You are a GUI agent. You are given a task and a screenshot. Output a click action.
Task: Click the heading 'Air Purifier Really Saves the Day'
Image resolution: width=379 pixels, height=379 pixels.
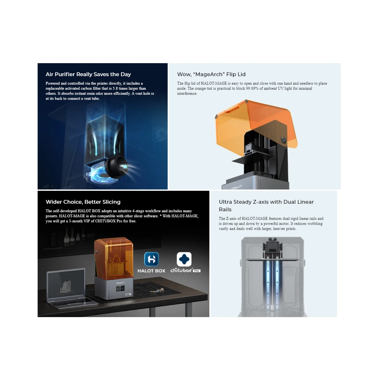tap(88, 74)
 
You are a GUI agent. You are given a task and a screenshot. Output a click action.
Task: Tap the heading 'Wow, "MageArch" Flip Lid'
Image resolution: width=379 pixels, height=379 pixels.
tap(211, 74)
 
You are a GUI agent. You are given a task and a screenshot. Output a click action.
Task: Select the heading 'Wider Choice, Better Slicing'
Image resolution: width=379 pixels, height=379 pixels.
tap(83, 202)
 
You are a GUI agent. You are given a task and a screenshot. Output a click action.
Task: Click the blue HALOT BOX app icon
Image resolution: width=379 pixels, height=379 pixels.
tap(151, 259)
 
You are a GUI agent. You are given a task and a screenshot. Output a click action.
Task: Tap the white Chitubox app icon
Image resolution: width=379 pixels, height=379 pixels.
tap(184, 259)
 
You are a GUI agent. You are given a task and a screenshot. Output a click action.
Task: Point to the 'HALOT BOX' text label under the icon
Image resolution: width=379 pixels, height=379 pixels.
tap(151, 271)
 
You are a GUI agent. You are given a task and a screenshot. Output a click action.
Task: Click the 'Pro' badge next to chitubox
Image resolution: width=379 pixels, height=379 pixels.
tap(196, 271)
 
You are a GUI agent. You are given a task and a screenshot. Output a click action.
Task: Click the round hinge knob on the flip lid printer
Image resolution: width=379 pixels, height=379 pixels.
tap(284, 140)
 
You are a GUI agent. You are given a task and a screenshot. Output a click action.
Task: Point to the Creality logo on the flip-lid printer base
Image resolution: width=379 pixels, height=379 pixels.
tap(237, 187)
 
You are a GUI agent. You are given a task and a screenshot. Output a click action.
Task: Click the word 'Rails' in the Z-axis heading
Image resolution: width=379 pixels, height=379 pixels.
tap(225, 209)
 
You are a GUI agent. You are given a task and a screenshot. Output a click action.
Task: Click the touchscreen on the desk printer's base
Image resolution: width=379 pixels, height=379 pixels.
tap(120, 289)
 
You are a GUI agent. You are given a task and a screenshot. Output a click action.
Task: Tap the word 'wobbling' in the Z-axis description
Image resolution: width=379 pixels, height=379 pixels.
tap(315, 224)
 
